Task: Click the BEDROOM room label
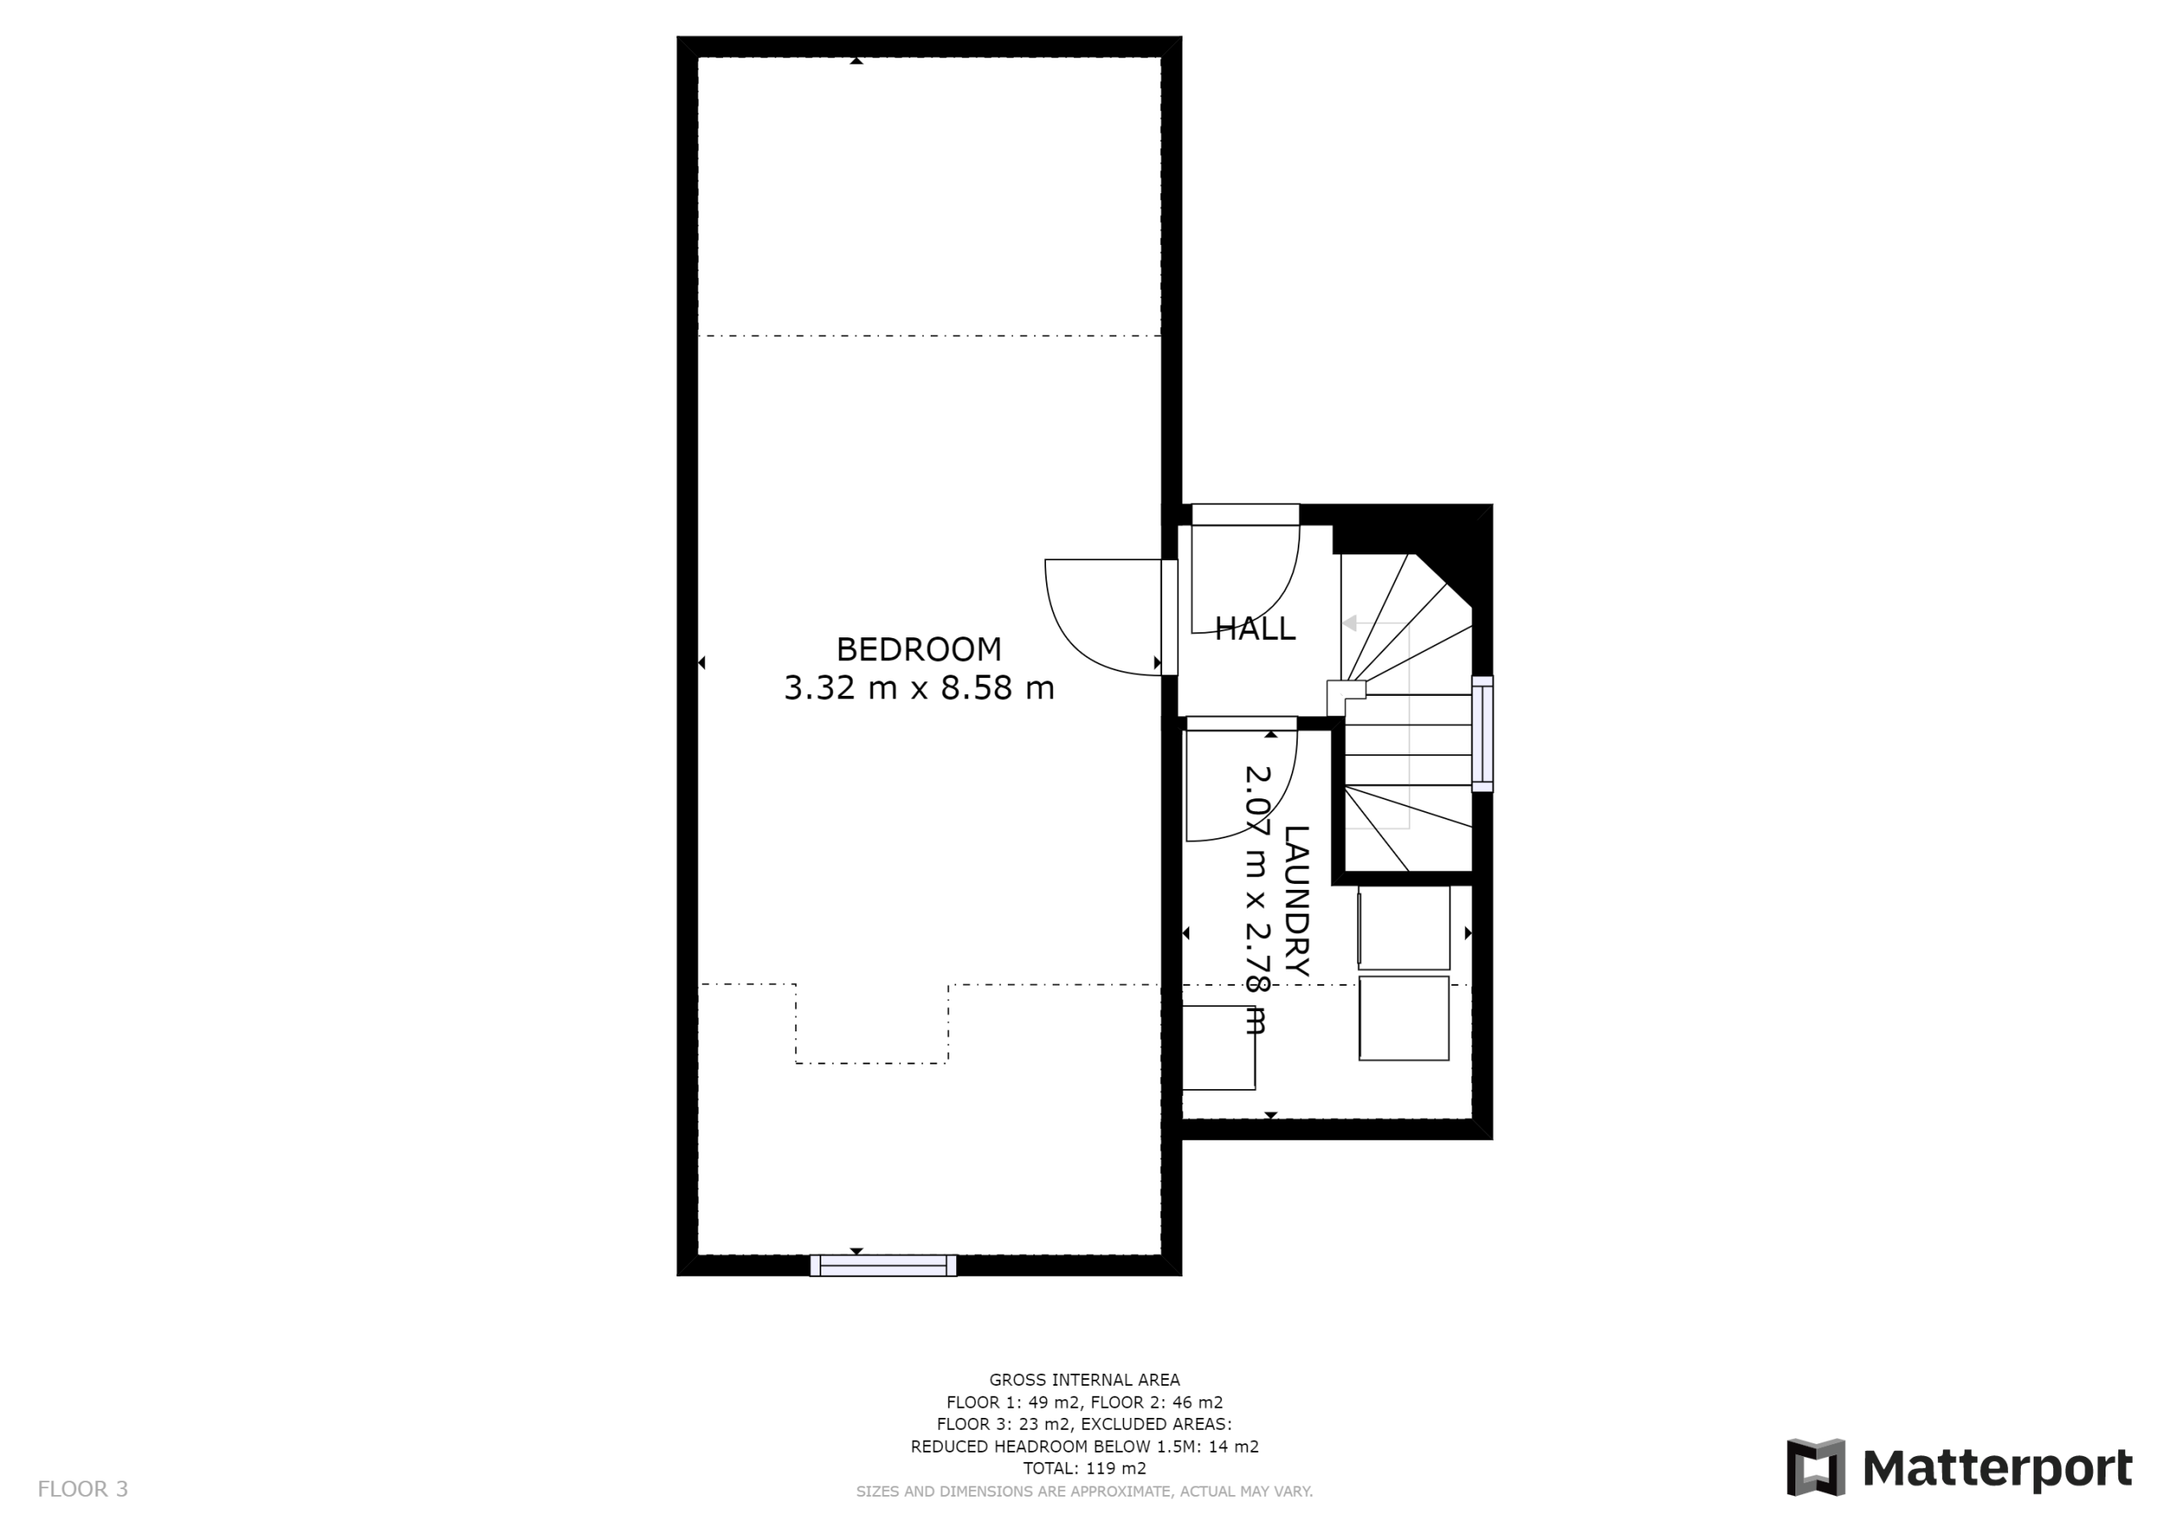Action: click(919, 649)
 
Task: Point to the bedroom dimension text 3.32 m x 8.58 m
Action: click(919, 688)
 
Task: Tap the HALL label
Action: click(1255, 629)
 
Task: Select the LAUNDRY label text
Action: click(1297, 901)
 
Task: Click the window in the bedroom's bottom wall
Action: click(882, 1264)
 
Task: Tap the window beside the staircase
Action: click(1482, 733)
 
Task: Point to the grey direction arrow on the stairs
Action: click(1349, 623)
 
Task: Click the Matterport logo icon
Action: click(1815, 1467)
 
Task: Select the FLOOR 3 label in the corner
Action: click(82, 1488)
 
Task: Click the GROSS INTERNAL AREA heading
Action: click(1084, 1380)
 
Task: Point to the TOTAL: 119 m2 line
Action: click(1084, 1468)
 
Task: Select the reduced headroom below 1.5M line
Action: click(1084, 1446)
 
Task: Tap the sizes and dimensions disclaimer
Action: click(1084, 1492)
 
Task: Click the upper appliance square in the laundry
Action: click(1404, 927)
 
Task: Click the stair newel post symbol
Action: click(1346, 698)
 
